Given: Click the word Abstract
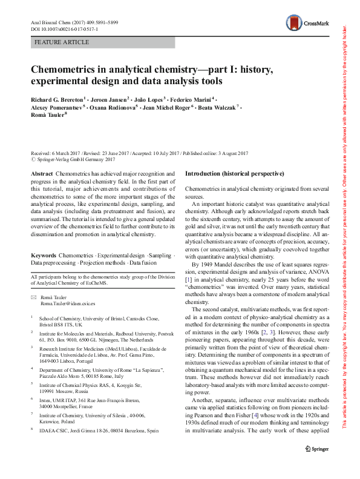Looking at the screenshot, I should [x=41, y=174].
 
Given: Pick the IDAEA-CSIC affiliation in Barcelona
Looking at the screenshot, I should [x=99, y=414].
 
